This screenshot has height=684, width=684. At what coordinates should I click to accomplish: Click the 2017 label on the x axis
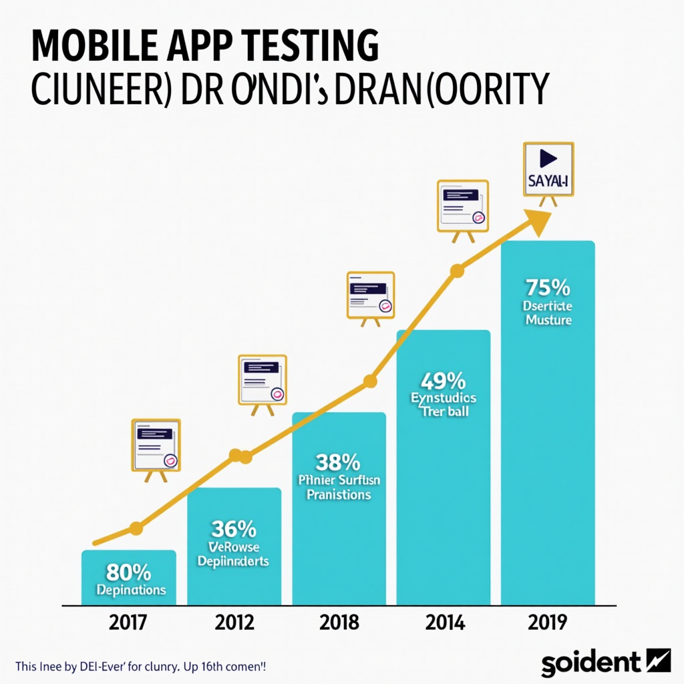point(128,623)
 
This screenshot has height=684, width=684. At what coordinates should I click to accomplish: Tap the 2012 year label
point(234,623)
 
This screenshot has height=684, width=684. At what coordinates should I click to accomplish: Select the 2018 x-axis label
point(339,623)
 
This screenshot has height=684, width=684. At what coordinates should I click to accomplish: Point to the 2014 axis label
point(444,623)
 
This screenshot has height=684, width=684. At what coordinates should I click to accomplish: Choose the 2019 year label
point(547,623)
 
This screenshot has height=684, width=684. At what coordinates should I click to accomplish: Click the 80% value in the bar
point(128,573)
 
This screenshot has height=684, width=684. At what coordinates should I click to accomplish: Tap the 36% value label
point(234,529)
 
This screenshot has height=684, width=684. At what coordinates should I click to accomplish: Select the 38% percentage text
point(338,462)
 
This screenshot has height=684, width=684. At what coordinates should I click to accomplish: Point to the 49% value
point(443,381)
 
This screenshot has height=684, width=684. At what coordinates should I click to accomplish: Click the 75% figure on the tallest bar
point(548,288)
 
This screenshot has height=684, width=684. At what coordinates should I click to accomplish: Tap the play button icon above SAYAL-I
point(548,158)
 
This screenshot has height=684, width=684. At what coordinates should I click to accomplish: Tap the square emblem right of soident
point(659,661)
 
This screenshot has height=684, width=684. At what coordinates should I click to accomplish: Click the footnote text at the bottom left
point(140,667)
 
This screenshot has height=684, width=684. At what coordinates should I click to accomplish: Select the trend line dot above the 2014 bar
point(457,271)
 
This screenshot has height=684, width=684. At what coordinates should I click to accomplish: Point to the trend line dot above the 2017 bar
point(136,529)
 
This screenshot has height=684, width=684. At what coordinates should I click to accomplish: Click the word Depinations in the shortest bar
point(131,590)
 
